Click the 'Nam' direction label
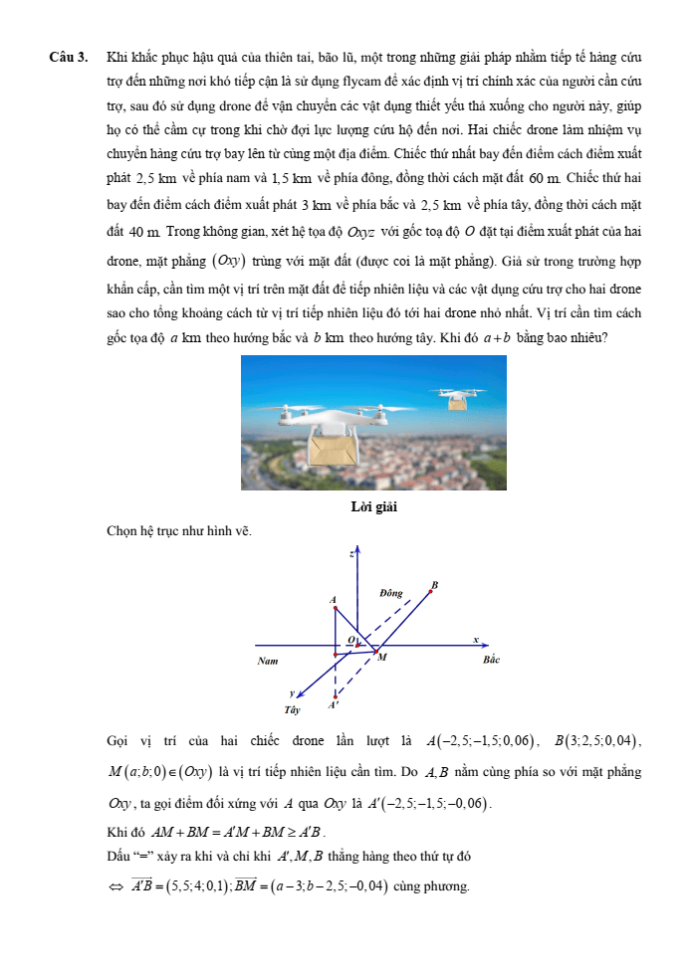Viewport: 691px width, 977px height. click(x=267, y=661)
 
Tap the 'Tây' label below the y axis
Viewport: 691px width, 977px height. click(x=291, y=710)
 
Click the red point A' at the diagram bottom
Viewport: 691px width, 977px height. click(x=336, y=695)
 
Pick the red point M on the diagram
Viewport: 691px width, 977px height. click(x=374, y=652)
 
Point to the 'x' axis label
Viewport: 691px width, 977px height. click(x=476, y=639)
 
